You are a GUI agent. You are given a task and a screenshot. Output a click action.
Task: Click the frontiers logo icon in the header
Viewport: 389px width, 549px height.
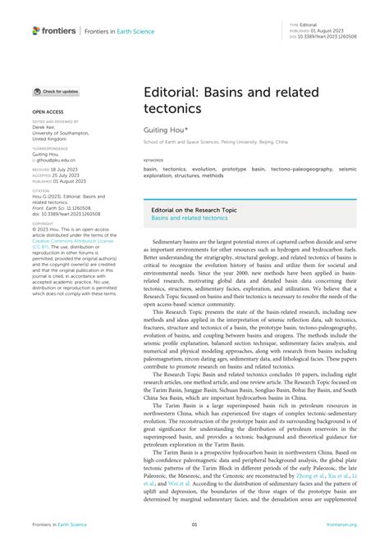click(36, 30)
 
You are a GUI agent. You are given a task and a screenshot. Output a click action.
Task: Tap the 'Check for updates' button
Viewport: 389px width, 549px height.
click(56, 92)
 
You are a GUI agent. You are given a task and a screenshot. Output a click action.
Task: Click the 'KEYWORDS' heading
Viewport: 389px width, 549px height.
click(153, 160)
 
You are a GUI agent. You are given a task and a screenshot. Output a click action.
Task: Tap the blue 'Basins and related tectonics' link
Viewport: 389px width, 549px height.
click(190, 218)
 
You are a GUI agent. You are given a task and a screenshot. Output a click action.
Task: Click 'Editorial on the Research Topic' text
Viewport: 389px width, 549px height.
click(194, 210)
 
